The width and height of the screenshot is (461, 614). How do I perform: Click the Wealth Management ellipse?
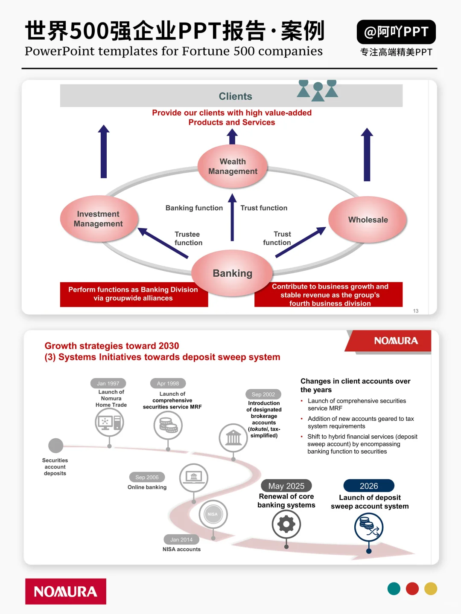point(233,166)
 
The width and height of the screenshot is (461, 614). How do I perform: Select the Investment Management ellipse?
point(99,219)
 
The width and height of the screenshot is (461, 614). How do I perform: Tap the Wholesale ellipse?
point(368,220)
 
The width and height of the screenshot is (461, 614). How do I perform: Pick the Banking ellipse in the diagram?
point(232,273)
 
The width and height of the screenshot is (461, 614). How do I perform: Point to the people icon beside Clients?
point(318,90)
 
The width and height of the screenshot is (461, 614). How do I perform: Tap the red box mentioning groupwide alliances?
point(133,294)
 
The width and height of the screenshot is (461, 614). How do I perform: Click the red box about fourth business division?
point(330,295)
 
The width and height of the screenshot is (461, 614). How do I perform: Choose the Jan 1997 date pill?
point(108,383)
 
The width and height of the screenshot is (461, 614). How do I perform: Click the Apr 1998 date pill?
point(168,383)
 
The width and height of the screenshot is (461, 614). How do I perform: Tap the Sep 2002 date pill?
point(263,394)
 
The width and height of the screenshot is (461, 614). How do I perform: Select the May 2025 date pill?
point(286,486)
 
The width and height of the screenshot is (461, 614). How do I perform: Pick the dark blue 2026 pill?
point(369,486)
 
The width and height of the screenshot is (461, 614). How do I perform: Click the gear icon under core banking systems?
point(286,524)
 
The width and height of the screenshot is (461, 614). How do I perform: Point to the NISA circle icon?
point(213,514)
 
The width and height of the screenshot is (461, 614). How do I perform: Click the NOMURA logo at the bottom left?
point(66,591)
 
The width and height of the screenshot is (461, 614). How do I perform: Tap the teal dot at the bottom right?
point(394,589)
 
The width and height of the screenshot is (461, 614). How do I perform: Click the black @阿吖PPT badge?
point(396,32)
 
